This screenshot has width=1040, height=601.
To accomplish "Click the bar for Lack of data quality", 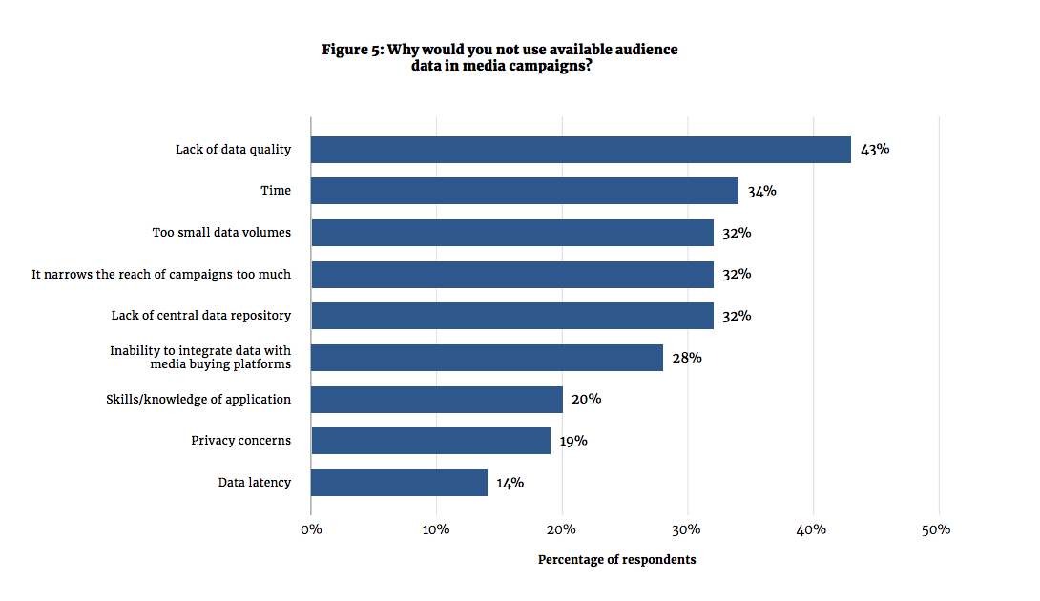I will [x=580, y=150].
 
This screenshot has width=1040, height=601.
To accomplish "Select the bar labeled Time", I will [x=524, y=191].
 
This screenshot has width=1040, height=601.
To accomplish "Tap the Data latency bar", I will [x=399, y=483].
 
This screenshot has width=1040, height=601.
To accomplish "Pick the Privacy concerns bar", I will [x=430, y=441].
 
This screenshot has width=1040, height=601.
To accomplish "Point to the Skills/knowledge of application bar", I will [x=436, y=400].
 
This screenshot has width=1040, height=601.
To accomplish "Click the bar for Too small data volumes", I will [x=511, y=233].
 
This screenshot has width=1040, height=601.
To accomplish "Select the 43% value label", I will [x=874, y=150].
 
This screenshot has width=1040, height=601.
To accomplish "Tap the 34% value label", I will [x=761, y=191].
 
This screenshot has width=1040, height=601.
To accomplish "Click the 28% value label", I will [x=686, y=358].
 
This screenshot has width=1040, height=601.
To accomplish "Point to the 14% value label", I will [x=510, y=483].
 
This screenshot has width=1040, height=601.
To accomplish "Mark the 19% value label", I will [x=572, y=441].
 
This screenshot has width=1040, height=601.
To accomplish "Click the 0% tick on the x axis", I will [x=311, y=530].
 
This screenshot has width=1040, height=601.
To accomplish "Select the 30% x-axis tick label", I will [x=687, y=530].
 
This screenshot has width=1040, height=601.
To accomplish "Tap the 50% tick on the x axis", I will [x=937, y=530].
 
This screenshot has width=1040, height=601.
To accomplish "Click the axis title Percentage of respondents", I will [x=616, y=560].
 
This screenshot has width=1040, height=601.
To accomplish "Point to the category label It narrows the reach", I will [x=160, y=275].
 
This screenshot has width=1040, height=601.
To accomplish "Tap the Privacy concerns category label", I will [x=240, y=441].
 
